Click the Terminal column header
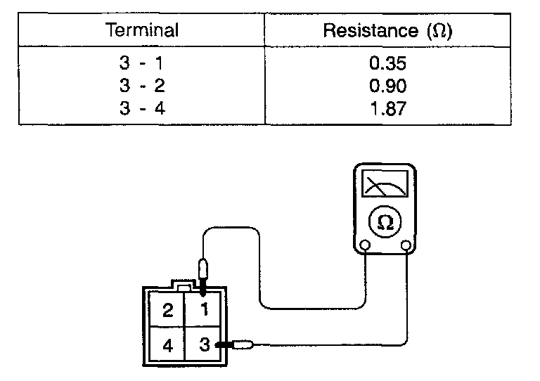(x=142, y=31)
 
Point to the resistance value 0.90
(x=387, y=86)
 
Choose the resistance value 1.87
(x=387, y=108)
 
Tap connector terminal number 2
(x=167, y=311)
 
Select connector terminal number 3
(x=204, y=345)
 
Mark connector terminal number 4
(x=167, y=346)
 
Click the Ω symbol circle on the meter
(x=385, y=222)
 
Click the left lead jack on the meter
(x=365, y=245)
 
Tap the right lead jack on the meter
(x=406, y=245)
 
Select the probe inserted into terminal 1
(x=204, y=271)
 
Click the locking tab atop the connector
(x=184, y=288)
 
